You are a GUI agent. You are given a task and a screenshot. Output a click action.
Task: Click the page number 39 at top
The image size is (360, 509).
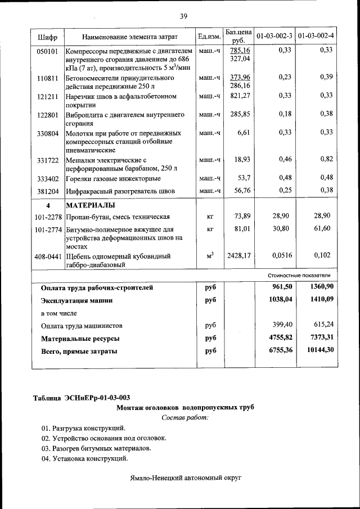click(x=183, y=16)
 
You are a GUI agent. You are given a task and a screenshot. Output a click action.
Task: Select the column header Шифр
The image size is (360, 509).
click(x=48, y=37)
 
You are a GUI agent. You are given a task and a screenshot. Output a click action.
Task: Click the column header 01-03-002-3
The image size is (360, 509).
click(x=274, y=37)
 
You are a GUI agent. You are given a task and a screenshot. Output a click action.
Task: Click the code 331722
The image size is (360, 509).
click(x=48, y=160)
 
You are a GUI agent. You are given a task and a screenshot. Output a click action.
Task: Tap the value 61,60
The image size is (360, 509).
click(x=322, y=228)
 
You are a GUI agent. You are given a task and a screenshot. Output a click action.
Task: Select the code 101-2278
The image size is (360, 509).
click(x=48, y=217)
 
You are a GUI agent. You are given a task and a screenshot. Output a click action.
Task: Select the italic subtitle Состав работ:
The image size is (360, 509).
click(x=184, y=417)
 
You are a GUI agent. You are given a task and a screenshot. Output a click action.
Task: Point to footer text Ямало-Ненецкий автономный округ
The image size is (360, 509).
click(x=184, y=477)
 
